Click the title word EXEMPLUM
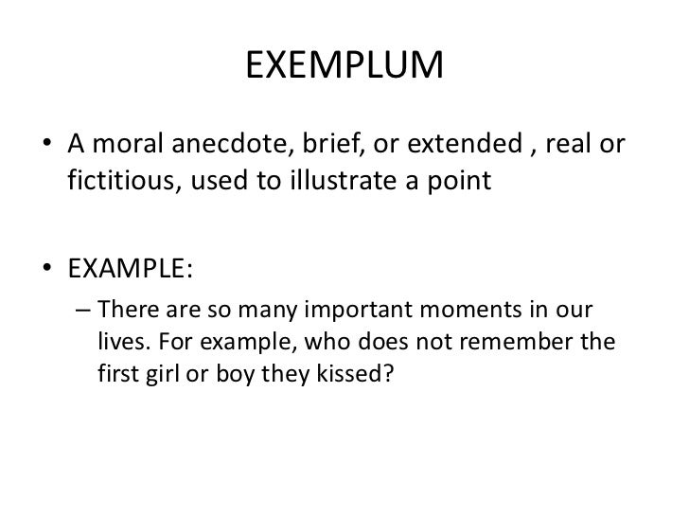[x=344, y=65]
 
